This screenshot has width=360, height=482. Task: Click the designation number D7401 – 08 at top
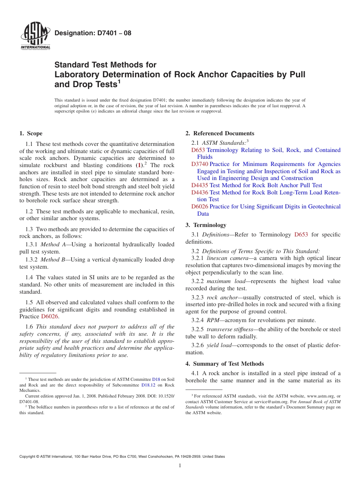point(93,33)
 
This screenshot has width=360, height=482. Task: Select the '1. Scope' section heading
point(31,133)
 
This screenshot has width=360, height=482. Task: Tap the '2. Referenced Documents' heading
point(220,133)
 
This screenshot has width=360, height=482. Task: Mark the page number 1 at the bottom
point(180,466)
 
